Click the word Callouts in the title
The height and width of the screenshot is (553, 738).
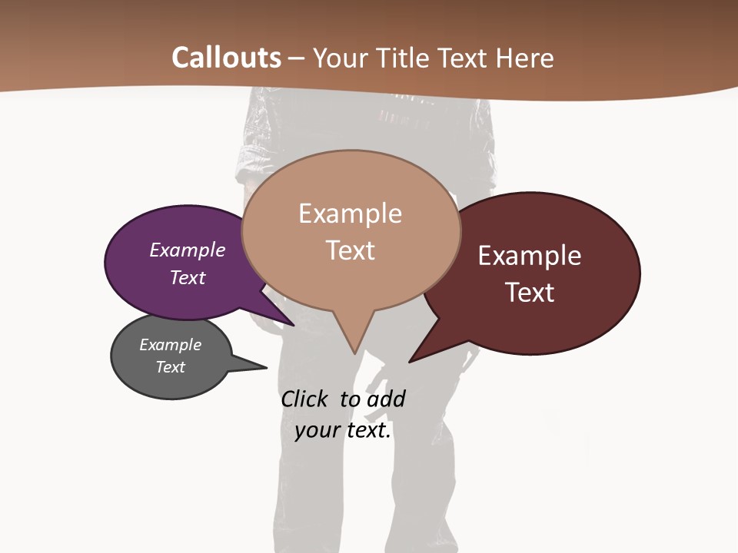226,58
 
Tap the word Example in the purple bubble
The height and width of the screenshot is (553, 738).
188,250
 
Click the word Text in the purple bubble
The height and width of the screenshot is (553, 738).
188,277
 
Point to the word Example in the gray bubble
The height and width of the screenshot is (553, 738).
170,345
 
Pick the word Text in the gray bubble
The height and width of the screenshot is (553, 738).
170,367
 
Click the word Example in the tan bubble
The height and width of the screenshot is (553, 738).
350,214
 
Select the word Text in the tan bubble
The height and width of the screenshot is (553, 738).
350,250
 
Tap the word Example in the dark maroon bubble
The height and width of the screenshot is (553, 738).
530,256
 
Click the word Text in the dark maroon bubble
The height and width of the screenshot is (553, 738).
530,293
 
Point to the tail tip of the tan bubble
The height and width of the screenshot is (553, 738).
354,353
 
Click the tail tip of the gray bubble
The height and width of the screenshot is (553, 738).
266,367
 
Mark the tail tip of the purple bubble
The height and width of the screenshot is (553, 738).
294,325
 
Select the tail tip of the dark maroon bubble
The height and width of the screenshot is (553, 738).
410,361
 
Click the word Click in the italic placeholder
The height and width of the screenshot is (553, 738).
305,399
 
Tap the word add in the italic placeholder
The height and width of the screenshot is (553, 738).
386,399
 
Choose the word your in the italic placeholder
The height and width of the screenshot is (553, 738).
317,430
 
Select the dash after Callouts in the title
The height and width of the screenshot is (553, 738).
297,58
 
